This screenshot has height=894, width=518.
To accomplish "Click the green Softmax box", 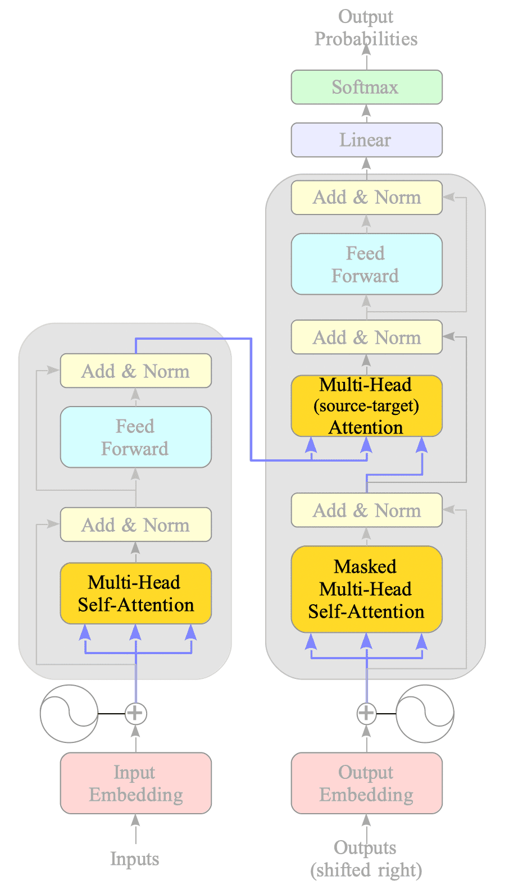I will pos(366,87).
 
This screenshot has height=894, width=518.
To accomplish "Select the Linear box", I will pos(366,140).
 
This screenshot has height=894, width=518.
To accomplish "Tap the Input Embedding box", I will pos(135,783).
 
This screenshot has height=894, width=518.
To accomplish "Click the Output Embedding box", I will pos(366,783).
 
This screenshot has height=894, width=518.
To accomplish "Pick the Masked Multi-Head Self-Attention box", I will pos(366,589).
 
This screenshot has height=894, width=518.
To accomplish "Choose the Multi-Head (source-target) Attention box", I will pos(366,406).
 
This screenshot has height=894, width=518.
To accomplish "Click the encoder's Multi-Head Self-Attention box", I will pos(135,593).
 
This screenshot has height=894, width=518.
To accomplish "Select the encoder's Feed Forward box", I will pos(135,437).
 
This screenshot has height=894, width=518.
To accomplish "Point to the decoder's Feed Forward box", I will pos(366,264).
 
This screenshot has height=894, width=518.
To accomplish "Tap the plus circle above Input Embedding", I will pos(135,713).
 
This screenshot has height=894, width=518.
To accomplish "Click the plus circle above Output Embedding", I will pos(366,713).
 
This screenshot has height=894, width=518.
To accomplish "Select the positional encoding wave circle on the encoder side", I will pos(69,713).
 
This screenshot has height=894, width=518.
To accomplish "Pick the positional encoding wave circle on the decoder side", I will pos(425,713).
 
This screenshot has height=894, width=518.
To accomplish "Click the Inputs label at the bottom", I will pos(135,859).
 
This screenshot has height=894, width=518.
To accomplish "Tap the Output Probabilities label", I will pos(366,28).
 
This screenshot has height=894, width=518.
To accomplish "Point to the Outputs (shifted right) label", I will pos(366,859).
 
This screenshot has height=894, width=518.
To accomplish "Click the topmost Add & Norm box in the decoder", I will pos(366,197).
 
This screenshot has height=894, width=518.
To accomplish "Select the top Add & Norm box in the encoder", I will pos(135,371).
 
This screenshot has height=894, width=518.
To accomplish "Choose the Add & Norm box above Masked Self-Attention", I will pos(366,510).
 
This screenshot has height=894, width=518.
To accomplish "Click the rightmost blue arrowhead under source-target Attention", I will pos(422,445).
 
